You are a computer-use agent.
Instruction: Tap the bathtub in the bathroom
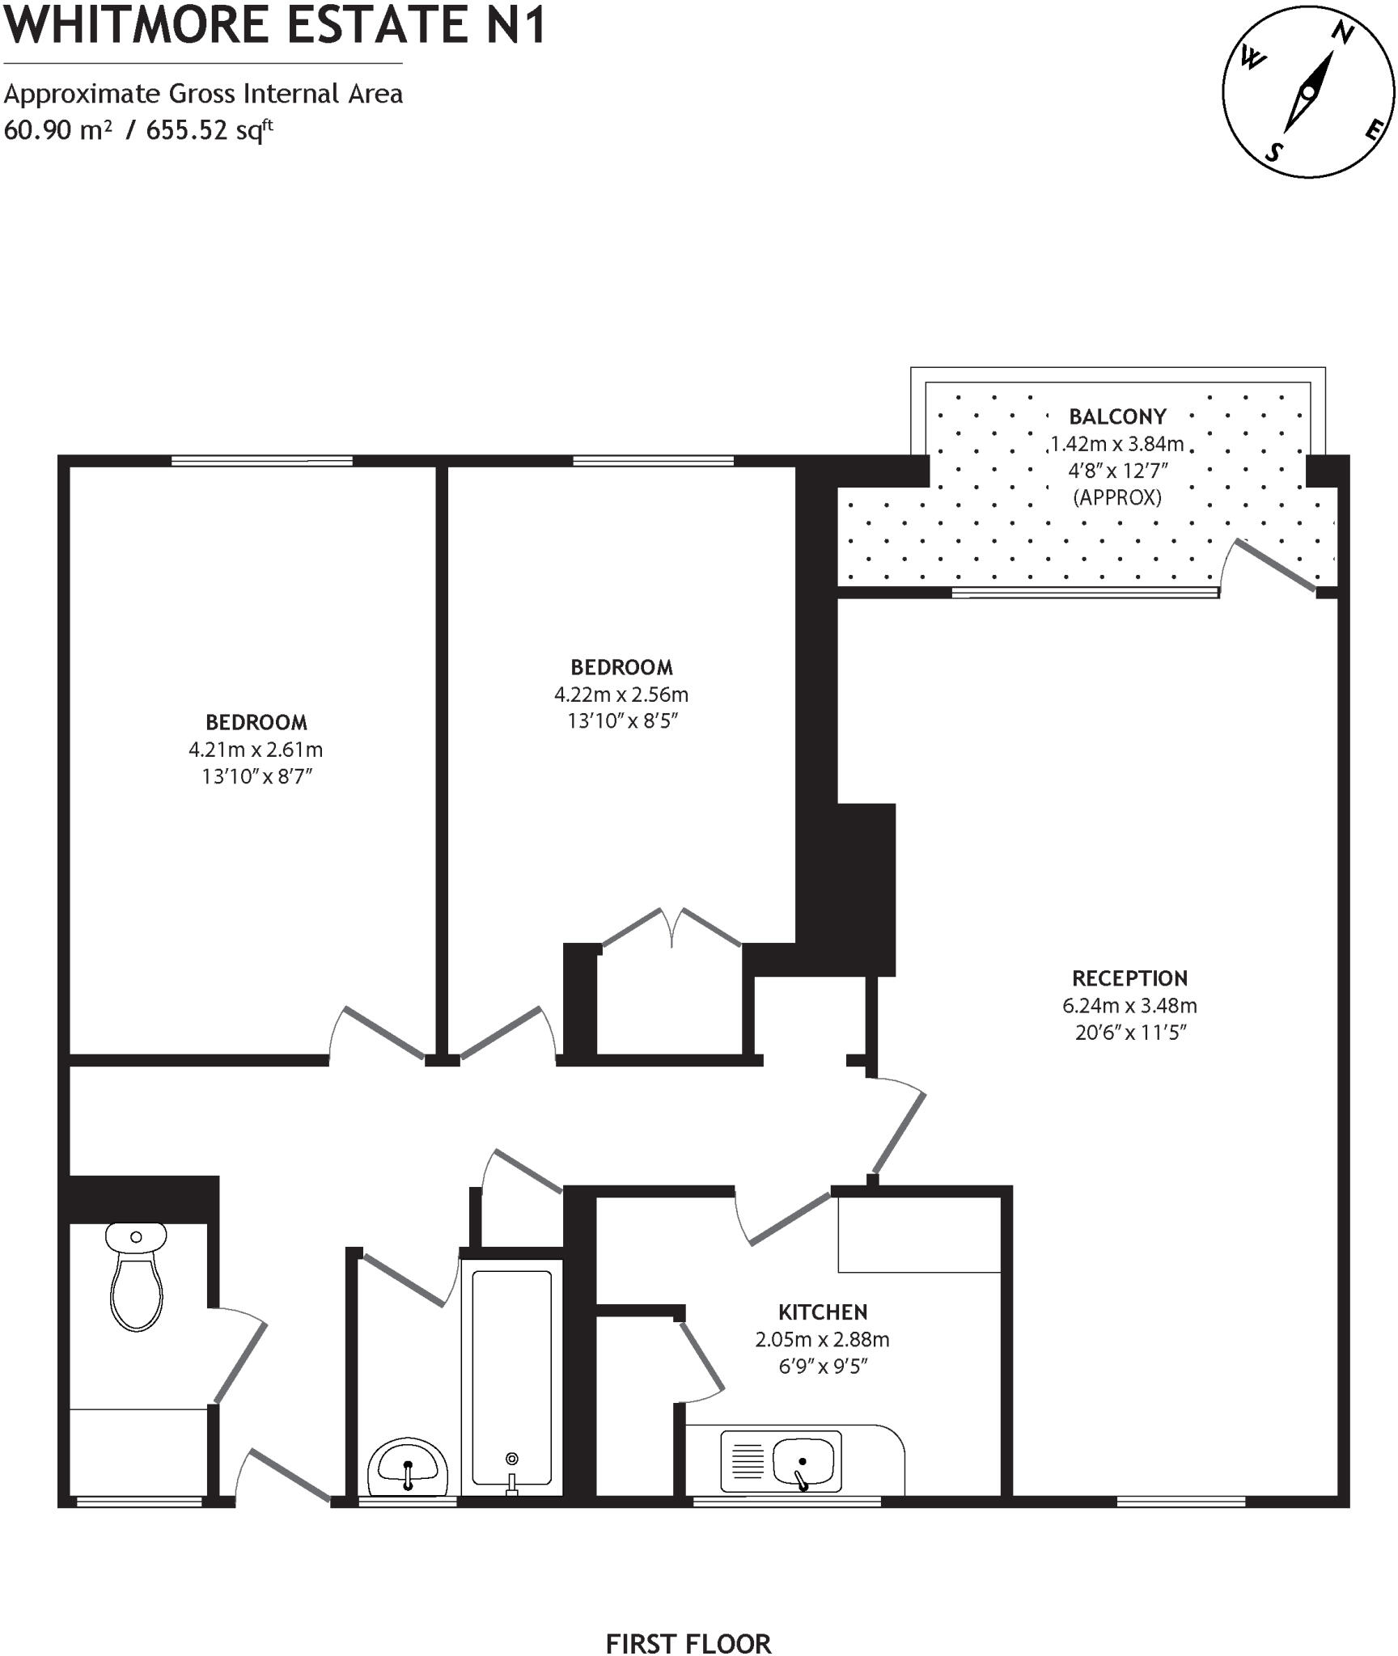pyautogui.click(x=511, y=1374)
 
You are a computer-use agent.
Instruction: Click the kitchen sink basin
pyautogui.click(x=802, y=1461)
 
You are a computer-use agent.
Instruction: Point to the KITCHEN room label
pyautogui.click(x=822, y=1312)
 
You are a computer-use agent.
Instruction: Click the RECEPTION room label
pyautogui.click(x=1129, y=978)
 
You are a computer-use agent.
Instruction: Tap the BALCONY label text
pyautogui.click(x=1117, y=416)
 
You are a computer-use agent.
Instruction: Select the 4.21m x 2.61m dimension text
pyautogui.click(x=256, y=750)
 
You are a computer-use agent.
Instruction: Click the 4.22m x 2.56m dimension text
pyautogui.click(x=621, y=694)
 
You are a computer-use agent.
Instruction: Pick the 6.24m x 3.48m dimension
pyautogui.click(x=1129, y=1006)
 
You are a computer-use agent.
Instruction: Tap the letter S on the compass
pyautogui.click(x=1273, y=151)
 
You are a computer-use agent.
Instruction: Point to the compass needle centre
pyautogui.click(x=1308, y=92)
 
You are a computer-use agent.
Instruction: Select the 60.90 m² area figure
pyautogui.click(x=57, y=130)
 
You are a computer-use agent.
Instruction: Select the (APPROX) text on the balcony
pyautogui.click(x=1117, y=497)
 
